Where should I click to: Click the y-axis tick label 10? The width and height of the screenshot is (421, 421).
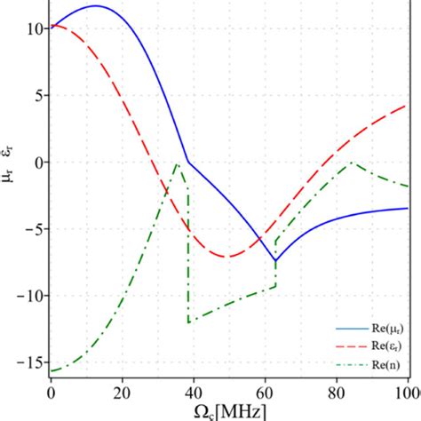click(33, 28)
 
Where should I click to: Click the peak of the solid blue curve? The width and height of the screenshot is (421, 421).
click(95, 6)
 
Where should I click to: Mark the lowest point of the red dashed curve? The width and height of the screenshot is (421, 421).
click(227, 257)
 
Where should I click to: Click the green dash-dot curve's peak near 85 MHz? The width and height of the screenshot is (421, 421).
click(352, 163)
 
